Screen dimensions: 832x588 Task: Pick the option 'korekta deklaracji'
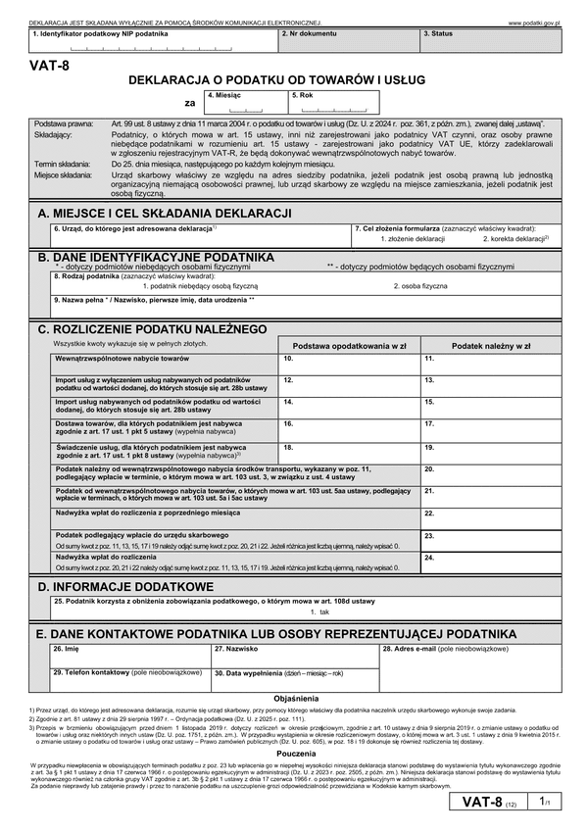[x=514, y=238]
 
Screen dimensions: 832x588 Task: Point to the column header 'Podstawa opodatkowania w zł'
[x=349, y=346]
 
